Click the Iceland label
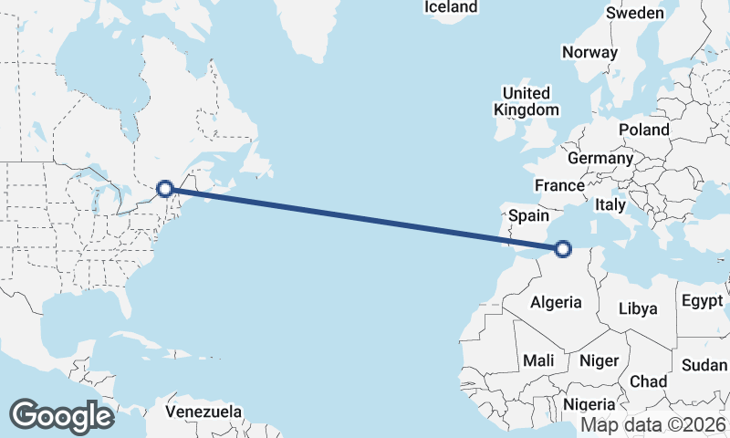pyautogui.click(x=451, y=7)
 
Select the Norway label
pyautogui.click(x=589, y=52)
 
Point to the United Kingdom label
pyautogui.click(x=527, y=101)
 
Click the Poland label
pyautogui.click(x=643, y=130)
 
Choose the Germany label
pyautogui.click(x=600, y=158)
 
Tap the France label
pyautogui.click(x=559, y=185)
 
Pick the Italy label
pyautogui.click(x=610, y=205)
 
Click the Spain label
pyautogui.click(x=528, y=216)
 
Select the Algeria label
pyautogui.click(x=557, y=302)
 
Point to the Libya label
pyautogui.click(x=638, y=308)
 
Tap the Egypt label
pyautogui.click(x=701, y=300)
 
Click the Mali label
pyautogui.click(x=538, y=360)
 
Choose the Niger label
pyautogui.click(x=600, y=360)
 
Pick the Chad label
pyautogui.click(x=648, y=381)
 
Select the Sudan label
pyautogui.click(x=704, y=365)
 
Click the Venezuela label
pyautogui.click(x=204, y=411)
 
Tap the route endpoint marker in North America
pyautogui.click(x=165, y=189)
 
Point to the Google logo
pyautogui.click(x=61, y=416)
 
